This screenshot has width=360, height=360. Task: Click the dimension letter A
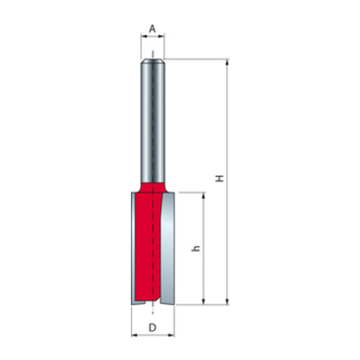(x=153, y=29)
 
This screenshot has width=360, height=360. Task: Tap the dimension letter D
(x=152, y=328)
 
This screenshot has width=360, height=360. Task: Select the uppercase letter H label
(x=220, y=178)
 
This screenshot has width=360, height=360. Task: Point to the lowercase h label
(x=196, y=248)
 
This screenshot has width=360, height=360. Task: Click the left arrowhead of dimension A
(x=144, y=36)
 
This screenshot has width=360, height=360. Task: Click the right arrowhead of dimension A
(x=162, y=36)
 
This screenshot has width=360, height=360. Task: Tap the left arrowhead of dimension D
(x=134, y=335)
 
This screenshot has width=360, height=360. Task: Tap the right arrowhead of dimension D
(x=171, y=335)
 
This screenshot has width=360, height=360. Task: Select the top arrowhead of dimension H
(x=227, y=63)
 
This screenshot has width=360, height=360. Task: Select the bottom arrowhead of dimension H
(x=227, y=301)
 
